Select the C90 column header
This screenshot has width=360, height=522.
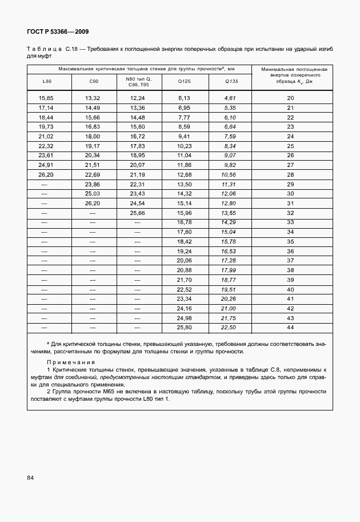94,82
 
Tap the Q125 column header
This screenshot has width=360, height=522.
184,82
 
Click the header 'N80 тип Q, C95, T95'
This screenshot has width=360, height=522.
138,82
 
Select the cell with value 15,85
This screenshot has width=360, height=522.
46,98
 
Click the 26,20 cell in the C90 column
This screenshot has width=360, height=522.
93,203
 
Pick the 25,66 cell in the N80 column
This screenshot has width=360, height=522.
138,213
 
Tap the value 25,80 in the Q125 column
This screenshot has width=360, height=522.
184,327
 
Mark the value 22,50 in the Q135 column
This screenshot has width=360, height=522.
229,327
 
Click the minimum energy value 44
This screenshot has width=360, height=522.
290,327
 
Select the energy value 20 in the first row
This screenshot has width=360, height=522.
290,98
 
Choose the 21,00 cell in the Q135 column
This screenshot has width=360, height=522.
229,308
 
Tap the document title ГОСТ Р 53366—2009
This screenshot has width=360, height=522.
58,31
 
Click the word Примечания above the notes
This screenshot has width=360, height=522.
71,362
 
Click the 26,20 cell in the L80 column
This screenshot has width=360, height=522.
46,174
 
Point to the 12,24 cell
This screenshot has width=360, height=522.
138,98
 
